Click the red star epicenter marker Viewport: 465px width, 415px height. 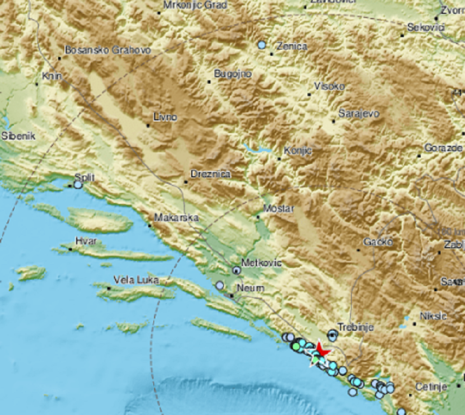point(321,349)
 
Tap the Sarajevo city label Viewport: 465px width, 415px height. point(359,114)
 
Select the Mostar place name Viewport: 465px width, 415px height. point(279,209)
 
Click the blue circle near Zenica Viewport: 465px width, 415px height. point(262,45)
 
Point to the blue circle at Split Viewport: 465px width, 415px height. point(78,185)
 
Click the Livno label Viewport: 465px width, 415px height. point(165,117)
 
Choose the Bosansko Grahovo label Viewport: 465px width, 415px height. point(107,50)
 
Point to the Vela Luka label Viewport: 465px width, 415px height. point(136,280)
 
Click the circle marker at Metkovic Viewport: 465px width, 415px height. point(237,270)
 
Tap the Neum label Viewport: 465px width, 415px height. point(250,288)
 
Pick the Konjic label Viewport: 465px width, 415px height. point(298,150)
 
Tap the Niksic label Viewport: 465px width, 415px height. point(433,316)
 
